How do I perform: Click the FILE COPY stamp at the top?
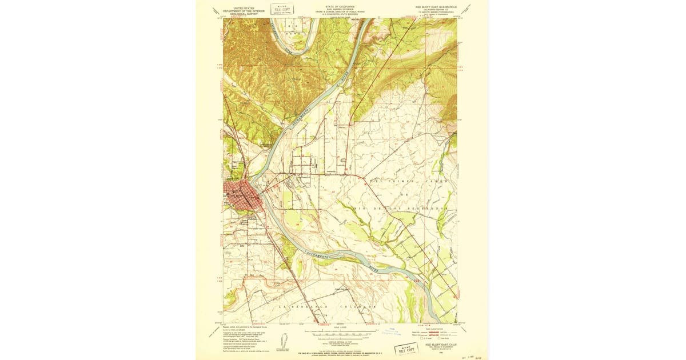pos(281,10)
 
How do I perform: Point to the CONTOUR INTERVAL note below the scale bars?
pos(340,339)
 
